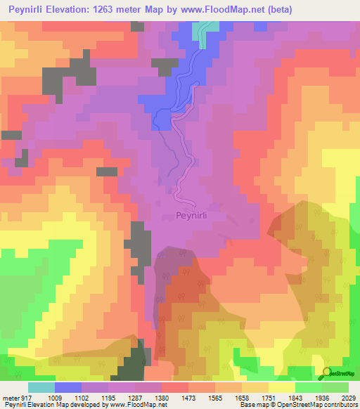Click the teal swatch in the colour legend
(x=41, y=387)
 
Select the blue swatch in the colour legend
(x=67, y=387)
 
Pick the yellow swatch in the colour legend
(x=281, y=387)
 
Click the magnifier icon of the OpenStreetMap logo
(x=327, y=373)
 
